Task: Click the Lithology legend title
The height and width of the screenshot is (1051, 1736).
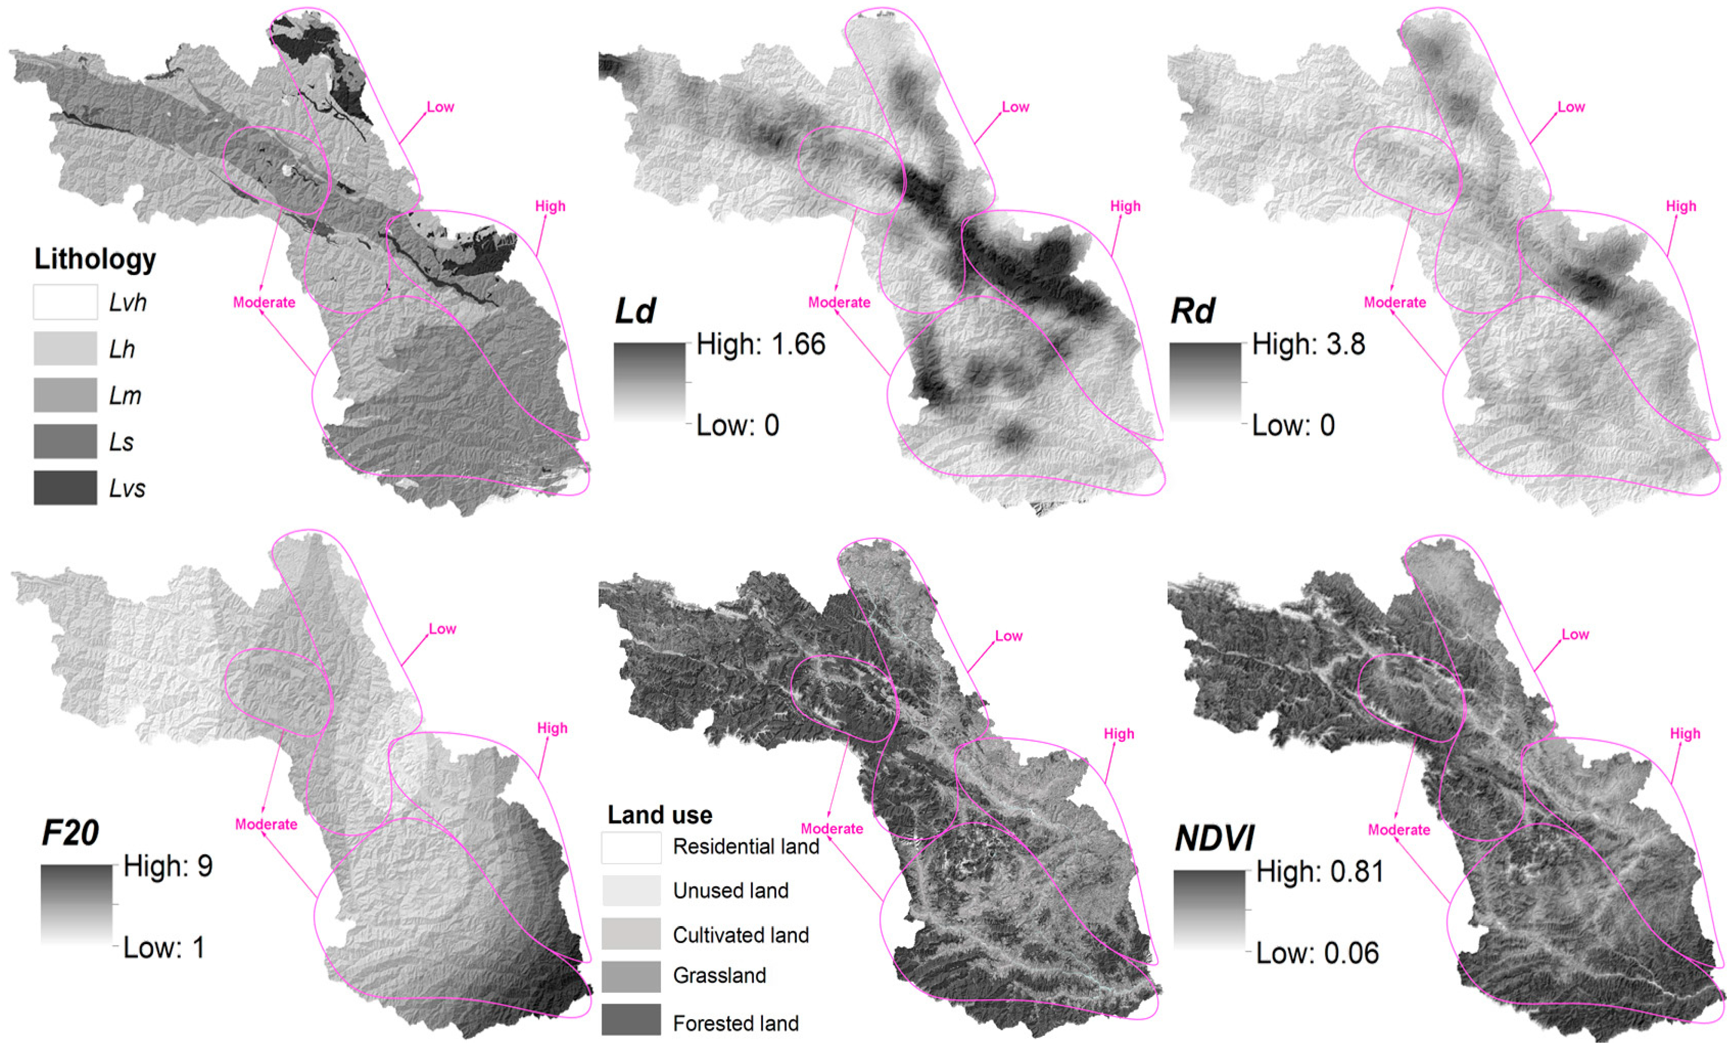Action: [x=95, y=259]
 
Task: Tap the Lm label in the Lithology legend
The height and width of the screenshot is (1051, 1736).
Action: [x=125, y=395]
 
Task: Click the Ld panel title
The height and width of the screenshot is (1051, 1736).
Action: [x=635, y=311]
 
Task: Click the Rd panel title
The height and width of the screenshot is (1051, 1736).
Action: [x=1192, y=311]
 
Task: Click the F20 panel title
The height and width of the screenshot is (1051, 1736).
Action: [x=70, y=833]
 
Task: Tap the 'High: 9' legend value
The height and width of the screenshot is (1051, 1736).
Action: [x=168, y=866]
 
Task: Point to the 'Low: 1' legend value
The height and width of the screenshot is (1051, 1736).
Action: [x=163, y=947]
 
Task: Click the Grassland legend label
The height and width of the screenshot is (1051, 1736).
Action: [x=719, y=976]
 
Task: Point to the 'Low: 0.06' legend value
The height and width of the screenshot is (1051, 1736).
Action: [x=1317, y=953]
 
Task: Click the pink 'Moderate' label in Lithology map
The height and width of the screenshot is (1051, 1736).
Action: [x=264, y=303]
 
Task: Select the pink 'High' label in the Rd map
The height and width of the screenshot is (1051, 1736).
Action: [x=1680, y=207]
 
